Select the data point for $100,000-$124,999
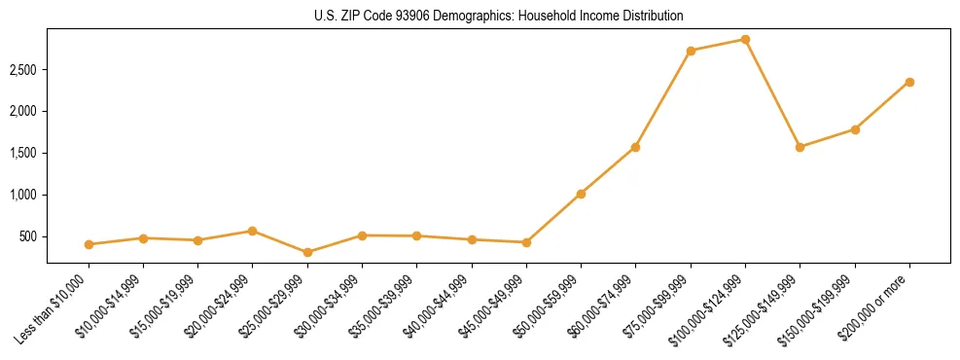pos(745,40)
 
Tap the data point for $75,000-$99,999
pos(691,51)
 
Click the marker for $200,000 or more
pos(909,82)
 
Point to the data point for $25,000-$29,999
pos(307,252)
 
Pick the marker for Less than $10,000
pos(89,244)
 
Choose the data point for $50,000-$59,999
pos(581,194)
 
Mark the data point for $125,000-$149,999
pos(800,147)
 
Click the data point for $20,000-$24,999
pos(253,231)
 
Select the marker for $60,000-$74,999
pos(635,147)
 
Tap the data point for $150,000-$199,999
pos(855,129)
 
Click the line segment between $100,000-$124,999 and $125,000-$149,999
pos(772,93)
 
